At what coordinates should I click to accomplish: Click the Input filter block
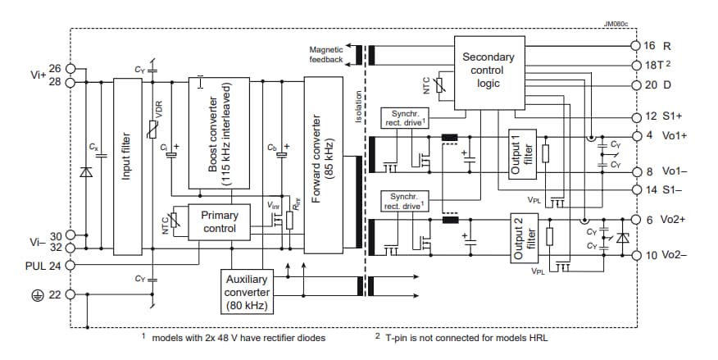pyautogui.click(x=126, y=165)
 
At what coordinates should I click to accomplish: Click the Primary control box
pyautogui.click(x=219, y=221)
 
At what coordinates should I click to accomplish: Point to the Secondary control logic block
pyautogui.click(x=489, y=71)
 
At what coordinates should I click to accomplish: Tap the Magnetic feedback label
pyautogui.click(x=326, y=54)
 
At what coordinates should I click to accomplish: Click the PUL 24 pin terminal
pyautogui.click(x=70, y=266)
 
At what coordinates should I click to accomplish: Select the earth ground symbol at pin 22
pyautogui.click(x=37, y=294)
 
